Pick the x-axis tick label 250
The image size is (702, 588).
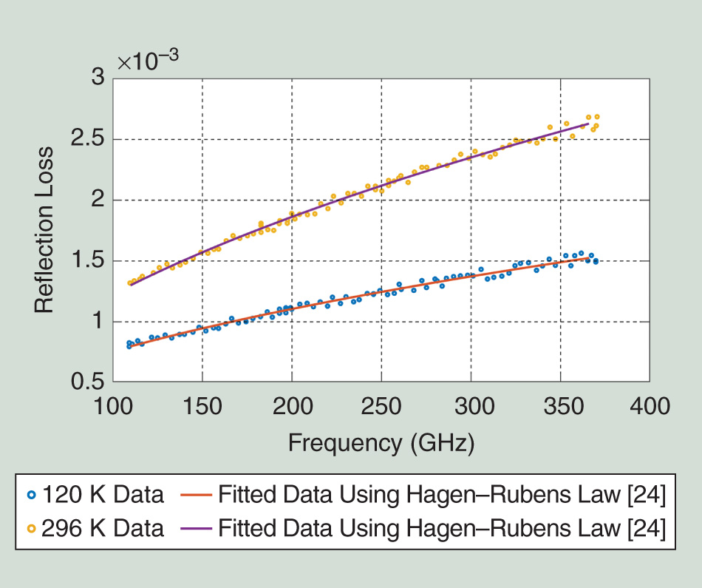coord(381,405)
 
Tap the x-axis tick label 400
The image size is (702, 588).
coord(650,405)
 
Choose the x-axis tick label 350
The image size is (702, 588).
coord(560,405)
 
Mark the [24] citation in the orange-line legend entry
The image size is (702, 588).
coord(648,496)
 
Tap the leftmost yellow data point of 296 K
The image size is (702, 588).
coord(129,283)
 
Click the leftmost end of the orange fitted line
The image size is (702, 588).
coord(131,345)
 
